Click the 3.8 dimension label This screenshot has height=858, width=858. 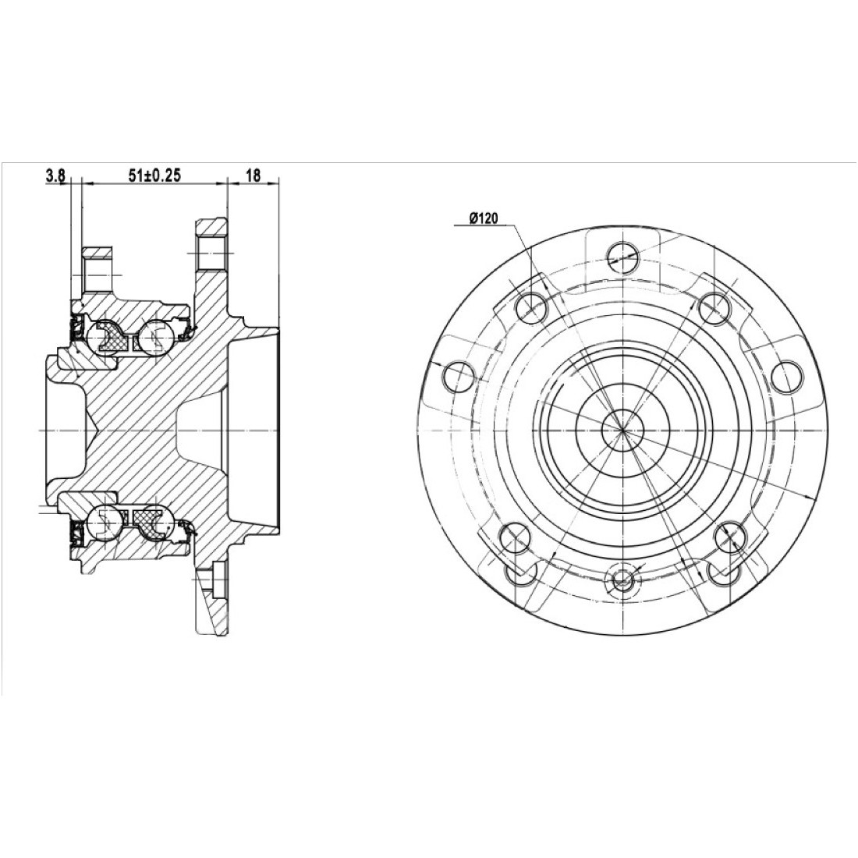click(x=55, y=175)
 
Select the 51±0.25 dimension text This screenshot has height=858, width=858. click(x=154, y=175)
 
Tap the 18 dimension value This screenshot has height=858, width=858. click(x=253, y=175)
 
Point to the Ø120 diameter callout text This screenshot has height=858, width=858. click(x=483, y=219)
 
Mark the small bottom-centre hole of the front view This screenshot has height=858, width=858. click(x=622, y=578)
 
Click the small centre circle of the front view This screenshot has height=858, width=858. click(x=622, y=429)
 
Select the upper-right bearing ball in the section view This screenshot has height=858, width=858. click(x=158, y=336)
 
